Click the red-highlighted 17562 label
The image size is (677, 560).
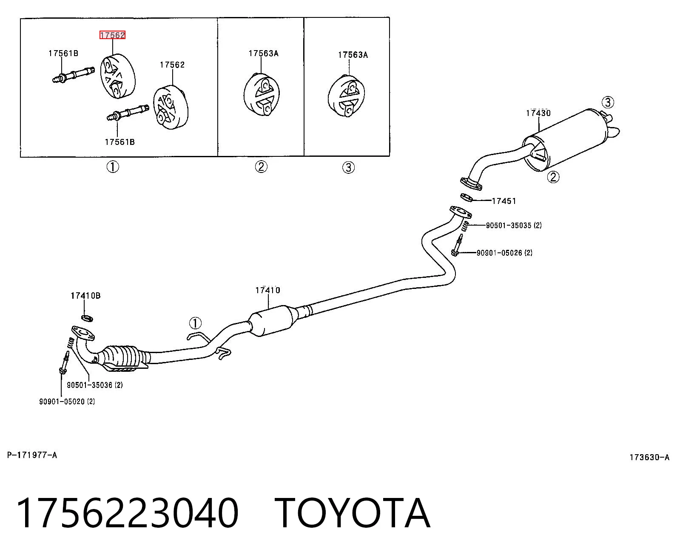pyautogui.click(x=112, y=35)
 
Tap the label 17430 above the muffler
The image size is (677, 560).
pyautogui.click(x=538, y=113)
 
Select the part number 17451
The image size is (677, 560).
pyautogui.click(x=504, y=201)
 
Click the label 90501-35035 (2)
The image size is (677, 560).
pyautogui.click(x=514, y=225)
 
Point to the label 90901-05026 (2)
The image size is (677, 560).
pyautogui.click(x=504, y=253)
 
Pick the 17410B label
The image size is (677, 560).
pyautogui.click(x=85, y=296)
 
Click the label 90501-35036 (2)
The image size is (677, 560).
pyautogui.click(x=95, y=385)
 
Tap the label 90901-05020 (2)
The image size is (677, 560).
pyautogui.click(x=67, y=402)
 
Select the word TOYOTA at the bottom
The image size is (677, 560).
pyautogui.click(x=353, y=514)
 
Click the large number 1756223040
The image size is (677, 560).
pyautogui.click(x=128, y=514)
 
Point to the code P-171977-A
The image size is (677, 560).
pyautogui.click(x=32, y=455)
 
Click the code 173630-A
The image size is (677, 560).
pyautogui.click(x=649, y=457)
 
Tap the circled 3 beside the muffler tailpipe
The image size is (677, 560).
pyautogui.click(x=608, y=102)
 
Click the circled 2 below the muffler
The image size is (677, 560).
pyautogui.click(x=553, y=177)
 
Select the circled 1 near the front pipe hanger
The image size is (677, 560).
pyautogui.click(x=195, y=323)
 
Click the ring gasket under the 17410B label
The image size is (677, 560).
pyautogui.click(x=87, y=318)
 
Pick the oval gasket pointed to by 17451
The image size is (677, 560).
pyautogui.click(x=466, y=198)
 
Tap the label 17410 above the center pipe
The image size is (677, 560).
pyautogui.click(x=268, y=290)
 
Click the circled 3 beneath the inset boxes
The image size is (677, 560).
pyautogui.click(x=349, y=167)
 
